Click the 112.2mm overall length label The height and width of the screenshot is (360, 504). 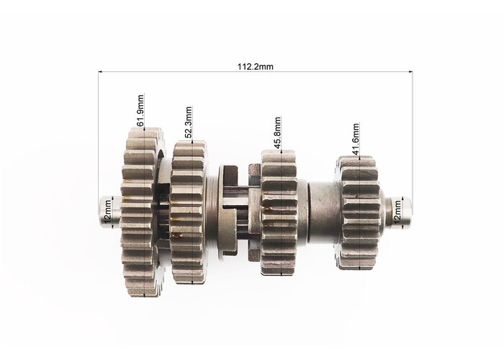click(x=256, y=66)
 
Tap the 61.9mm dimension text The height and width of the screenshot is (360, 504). click(x=140, y=110)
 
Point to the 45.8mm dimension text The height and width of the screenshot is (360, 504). click(x=277, y=132)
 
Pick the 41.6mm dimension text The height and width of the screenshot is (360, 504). click(x=356, y=138)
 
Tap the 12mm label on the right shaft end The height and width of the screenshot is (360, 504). click(x=397, y=211)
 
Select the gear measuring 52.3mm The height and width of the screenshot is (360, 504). click(x=189, y=212)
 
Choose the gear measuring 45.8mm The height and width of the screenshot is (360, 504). click(x=279, y=213)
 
